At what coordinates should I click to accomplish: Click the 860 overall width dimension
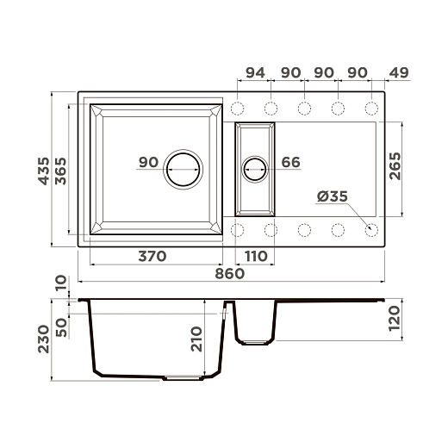pyautogui.click(x=230, y=274)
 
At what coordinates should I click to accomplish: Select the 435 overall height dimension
pyautogui.click(x=44, y=171)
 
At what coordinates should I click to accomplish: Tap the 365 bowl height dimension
pyautogui.click(x=60, y=171)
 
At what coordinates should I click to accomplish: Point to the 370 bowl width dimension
pyautogui.click(x=152, y=256)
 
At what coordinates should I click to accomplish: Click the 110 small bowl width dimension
pyautogui.click(x=256, y=256)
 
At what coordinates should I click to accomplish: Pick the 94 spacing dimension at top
pyautogui.click(x=255, y=73)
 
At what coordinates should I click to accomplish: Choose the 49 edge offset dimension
pyautogui.click(x=399, y=73)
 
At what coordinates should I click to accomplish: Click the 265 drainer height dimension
pyautogui.click(x=395, y=166)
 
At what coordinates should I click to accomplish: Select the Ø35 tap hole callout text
pyautogui.click(x=333, y=196)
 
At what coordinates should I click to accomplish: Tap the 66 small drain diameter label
pyautogui.click(x=290, y=162)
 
